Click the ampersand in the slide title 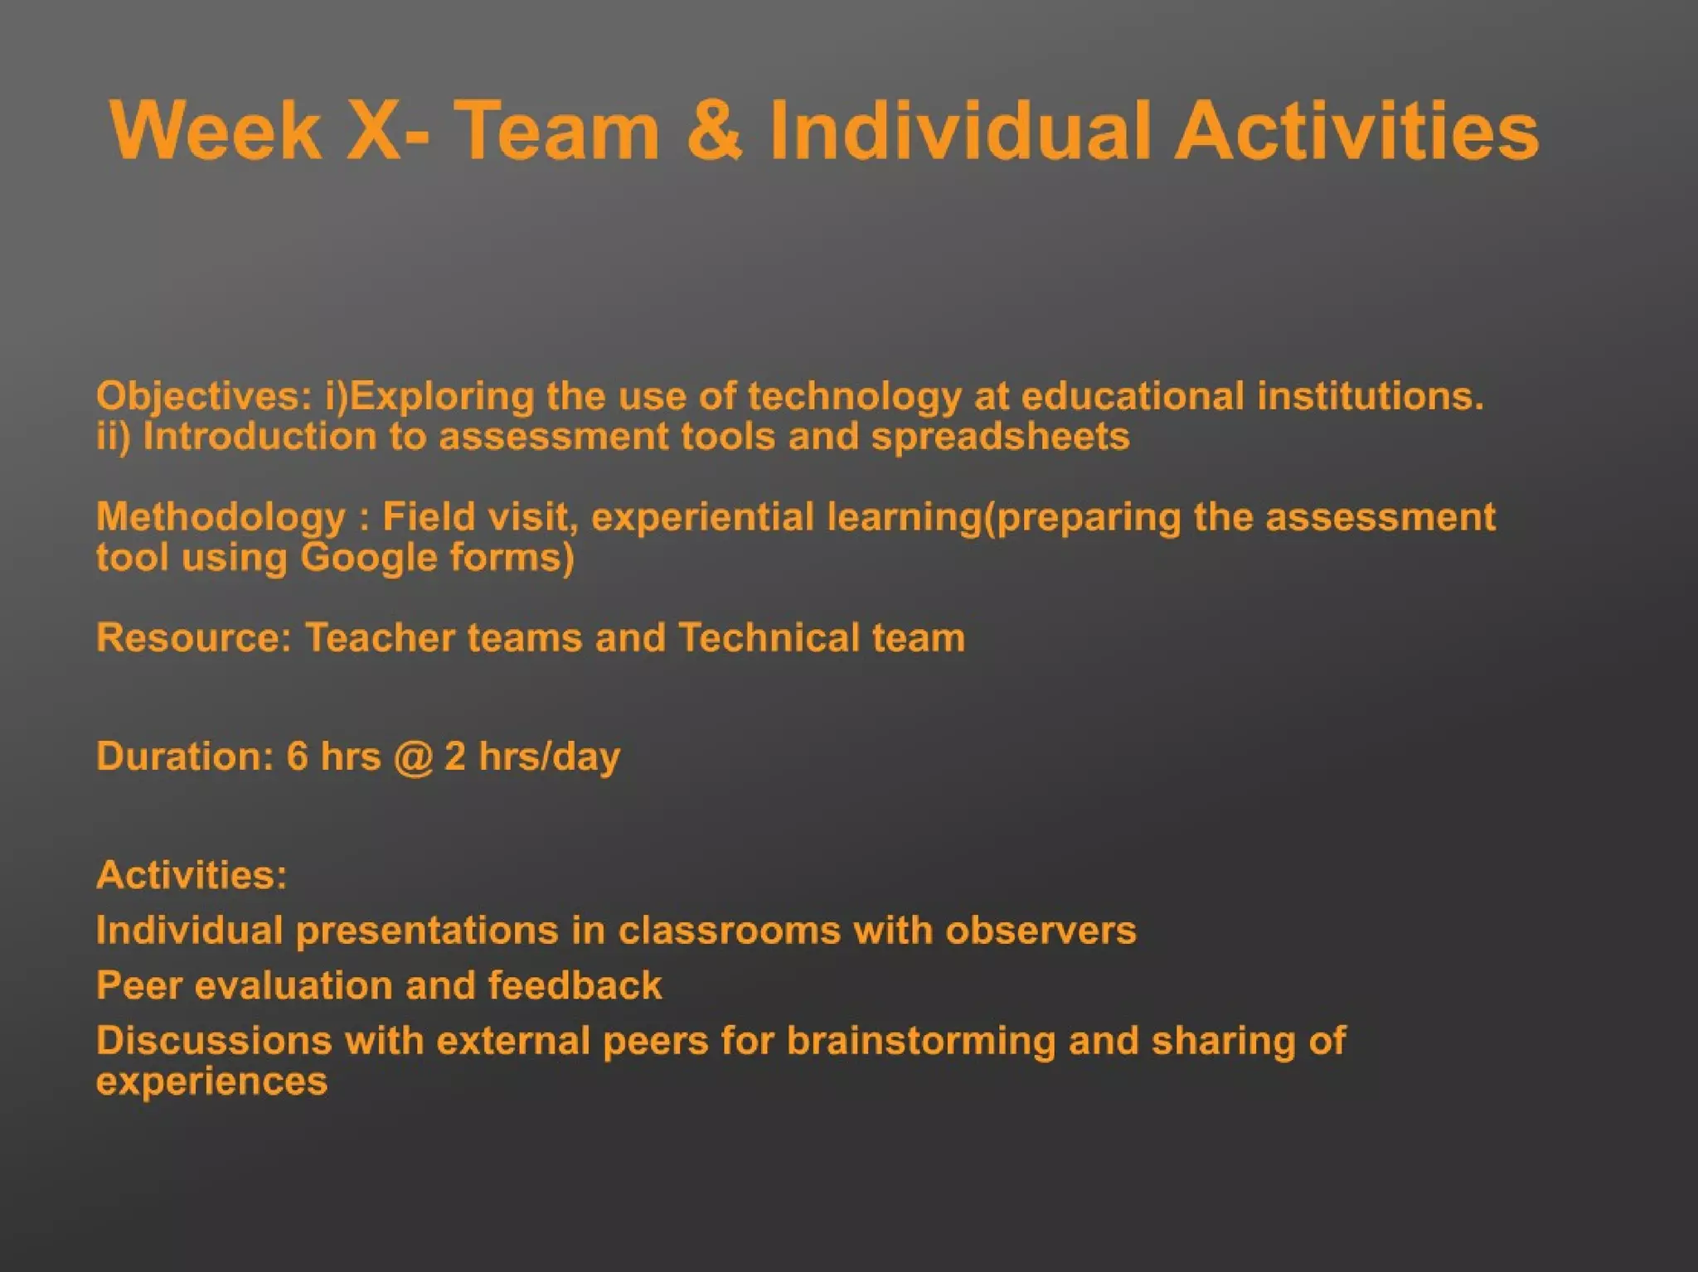coord(714,131)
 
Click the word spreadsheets coord(1000,437)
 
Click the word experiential coord(703,518)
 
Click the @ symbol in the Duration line coord(413,757)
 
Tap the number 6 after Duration coord(297,757)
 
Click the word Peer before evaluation coord(138,986)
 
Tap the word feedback coord(575,986)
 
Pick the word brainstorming coord(921,1042)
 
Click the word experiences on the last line coord(211,1081)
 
